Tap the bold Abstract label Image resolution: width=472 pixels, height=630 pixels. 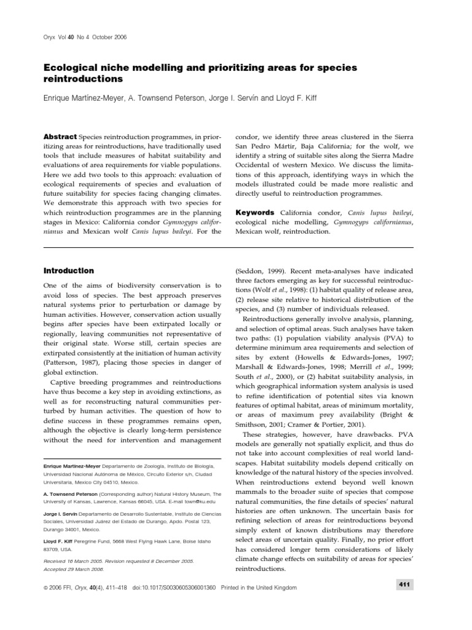tap(60, 136)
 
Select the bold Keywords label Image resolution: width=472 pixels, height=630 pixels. tap(255, 212)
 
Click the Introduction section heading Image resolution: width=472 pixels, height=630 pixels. tap(68, 270)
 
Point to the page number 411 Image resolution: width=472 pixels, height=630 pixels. tap(405, 584)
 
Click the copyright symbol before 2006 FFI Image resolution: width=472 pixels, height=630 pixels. tap(45, 588)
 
